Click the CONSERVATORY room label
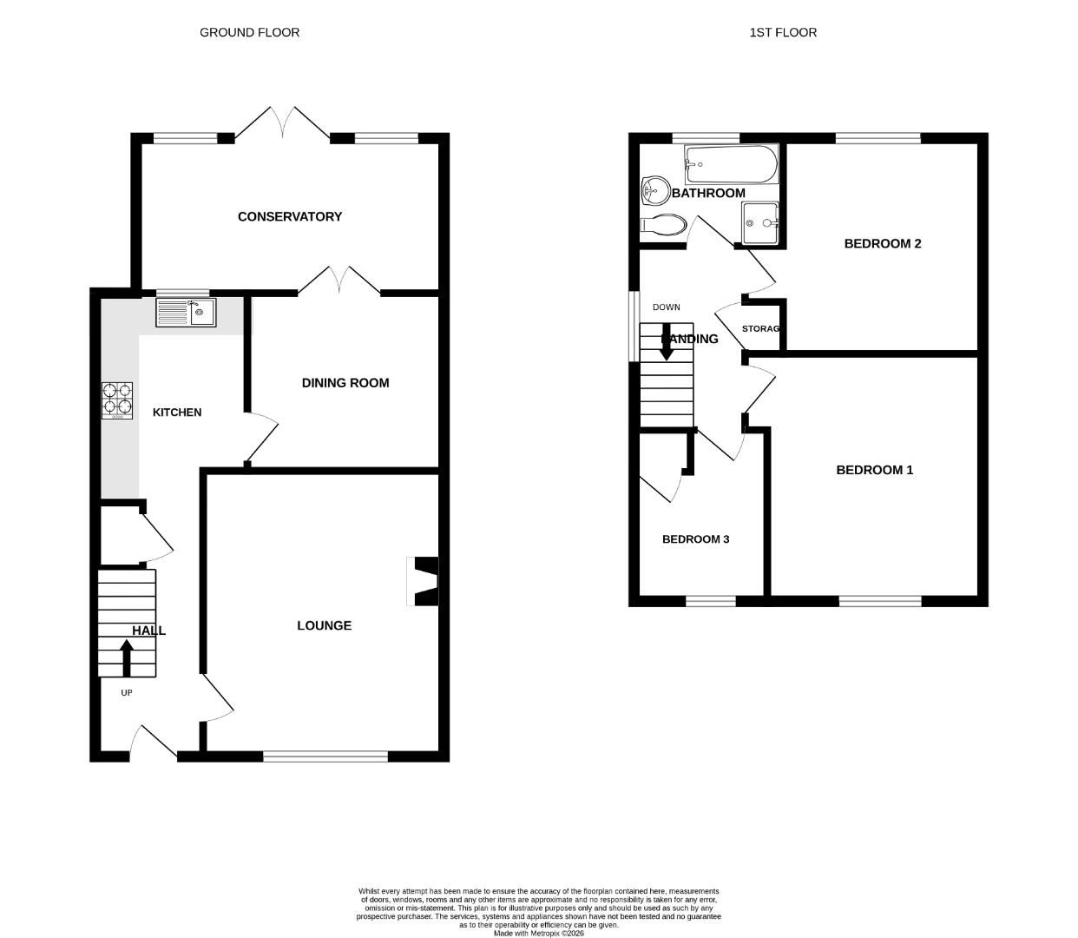pyautogui.click(x=290, y=216)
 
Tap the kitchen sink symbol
pyautogui.click(x=186, y=312)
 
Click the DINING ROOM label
pyautogui.click(x=345, y=383)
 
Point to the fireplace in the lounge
pyautogui.click(x=424, y=581)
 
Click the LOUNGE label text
pyautogui.click(x=324, y=625)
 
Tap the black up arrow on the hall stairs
pyautogui.click(x=127, y=657)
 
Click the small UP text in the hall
pyautogui.click(x=127, y=693)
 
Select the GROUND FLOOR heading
pyautogui.click(x=250, y=32)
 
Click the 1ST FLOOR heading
pyautogui.click(x=783, y=32)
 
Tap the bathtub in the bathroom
pyautogui.click(x=731, y=163)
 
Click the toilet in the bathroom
pyautogui.click(x=662, y=225)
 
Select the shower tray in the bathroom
pyautogui.click(x=759, y=222)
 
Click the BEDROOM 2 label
pyautogui.click(x=883, y=243)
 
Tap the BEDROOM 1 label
pyautogui.click(x=874, y=470)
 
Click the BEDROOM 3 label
pyautogui.click(x=695, y=539)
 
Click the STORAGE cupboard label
pyautogui.click(x=761, y=329)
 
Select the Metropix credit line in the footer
pyautogui.click(x=539, y=934)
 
